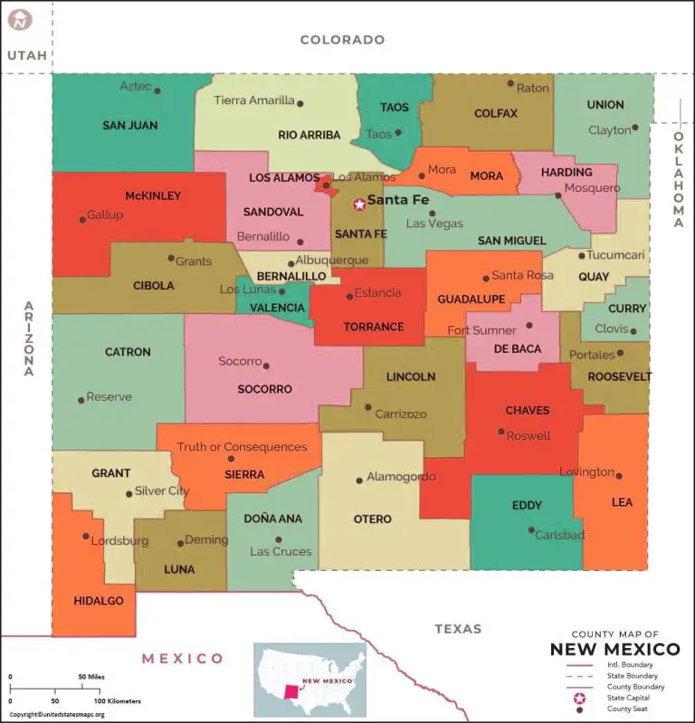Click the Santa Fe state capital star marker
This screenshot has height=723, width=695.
359,205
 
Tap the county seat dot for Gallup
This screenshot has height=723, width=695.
82,220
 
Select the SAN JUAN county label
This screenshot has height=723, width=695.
129,126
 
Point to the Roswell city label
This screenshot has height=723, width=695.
528,435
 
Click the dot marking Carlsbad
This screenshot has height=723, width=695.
531,530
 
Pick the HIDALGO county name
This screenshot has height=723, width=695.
100,601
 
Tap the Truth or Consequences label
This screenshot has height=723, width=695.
242,447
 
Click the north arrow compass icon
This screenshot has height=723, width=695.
19,19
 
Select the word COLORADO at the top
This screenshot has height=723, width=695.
342,40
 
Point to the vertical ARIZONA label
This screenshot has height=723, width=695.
28,338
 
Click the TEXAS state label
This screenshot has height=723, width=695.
458,628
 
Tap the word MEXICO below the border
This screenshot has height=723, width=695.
182,658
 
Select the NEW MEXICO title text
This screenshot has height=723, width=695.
615,649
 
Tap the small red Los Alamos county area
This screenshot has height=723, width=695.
323,186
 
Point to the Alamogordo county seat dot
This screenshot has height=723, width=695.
359,480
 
